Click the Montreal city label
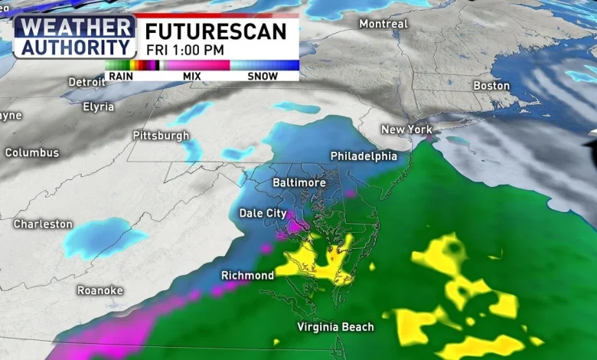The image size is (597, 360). point(383,24)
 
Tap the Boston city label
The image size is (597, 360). point(491,86)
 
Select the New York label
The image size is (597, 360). point(406,129)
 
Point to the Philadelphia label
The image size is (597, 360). point(364,156)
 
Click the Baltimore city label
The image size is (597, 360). point(299,183)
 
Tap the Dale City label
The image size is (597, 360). point(263,213)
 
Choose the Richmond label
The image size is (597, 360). point(247,275)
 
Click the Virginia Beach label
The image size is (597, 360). point(336,327)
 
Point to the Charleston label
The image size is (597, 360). point(43,224)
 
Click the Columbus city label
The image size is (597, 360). point(31,152)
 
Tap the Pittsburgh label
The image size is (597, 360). point(161,136)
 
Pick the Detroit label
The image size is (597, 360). point(86,82)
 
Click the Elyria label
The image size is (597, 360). point(98,106)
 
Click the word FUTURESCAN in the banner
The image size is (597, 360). point(216,31)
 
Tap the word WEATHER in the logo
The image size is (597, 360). point(74,27)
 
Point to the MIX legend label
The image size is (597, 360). point(192,76)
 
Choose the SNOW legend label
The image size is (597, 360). point(263,76)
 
